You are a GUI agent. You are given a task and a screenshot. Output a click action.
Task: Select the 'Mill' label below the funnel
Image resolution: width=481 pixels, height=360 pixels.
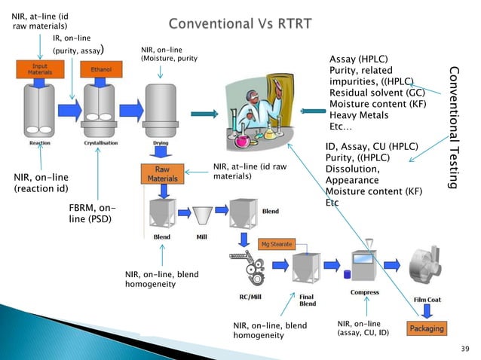202,236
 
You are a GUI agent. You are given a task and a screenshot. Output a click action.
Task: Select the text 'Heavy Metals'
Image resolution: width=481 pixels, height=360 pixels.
359,115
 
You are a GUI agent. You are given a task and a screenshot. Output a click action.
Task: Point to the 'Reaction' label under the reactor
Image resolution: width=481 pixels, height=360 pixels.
39,142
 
